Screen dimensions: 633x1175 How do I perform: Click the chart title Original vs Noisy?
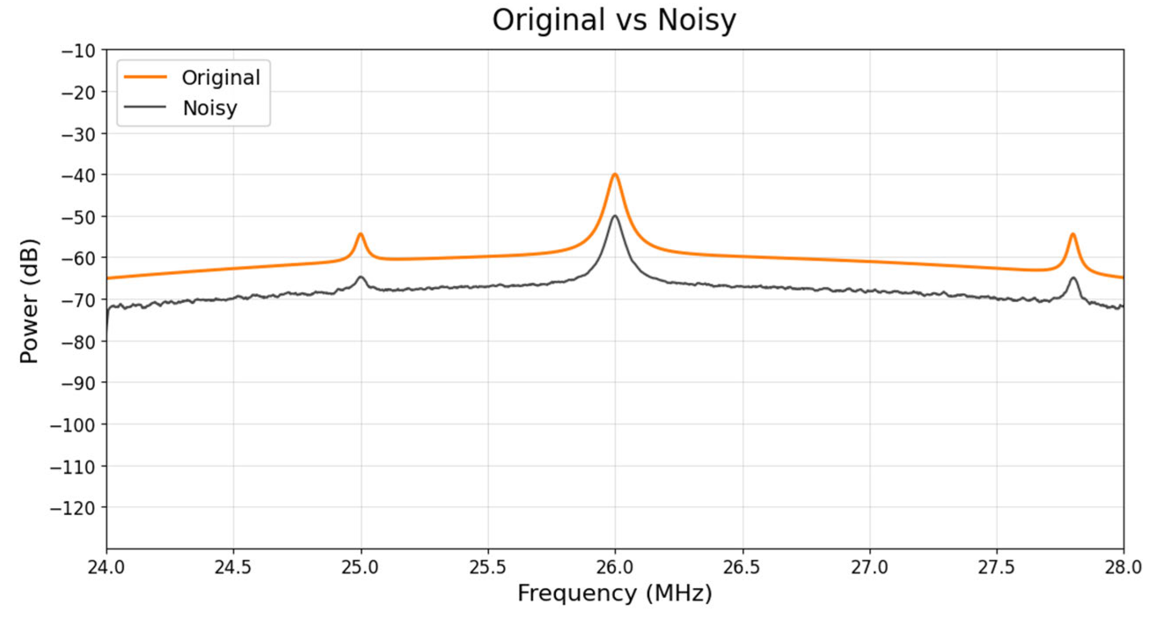(614, 20)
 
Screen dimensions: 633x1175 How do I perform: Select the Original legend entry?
(220, 78)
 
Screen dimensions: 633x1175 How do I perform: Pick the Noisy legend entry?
(210, 108)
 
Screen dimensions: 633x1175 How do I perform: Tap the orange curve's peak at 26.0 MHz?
(615, 175)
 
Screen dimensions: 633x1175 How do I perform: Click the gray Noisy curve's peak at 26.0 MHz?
(615, 216)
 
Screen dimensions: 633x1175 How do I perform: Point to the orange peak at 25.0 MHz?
(360, 234)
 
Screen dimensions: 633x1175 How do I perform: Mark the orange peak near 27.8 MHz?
(1073, 234)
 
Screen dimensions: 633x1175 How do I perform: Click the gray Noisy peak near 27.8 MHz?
(1074, 278)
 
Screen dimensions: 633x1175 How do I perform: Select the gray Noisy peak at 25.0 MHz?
(360, 277)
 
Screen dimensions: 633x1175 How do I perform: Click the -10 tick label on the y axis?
(78, 51)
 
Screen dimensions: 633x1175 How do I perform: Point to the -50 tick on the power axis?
(78, 217)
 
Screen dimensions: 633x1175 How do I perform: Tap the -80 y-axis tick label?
(78, 342)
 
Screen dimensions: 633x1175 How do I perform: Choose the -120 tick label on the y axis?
(72, 508)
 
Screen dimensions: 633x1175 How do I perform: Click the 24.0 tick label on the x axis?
(106, 568)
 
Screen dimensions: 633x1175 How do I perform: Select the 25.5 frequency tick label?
(488, 568)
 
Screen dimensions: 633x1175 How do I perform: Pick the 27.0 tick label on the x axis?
(869, 568)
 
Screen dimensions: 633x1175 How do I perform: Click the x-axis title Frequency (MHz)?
(614, 593)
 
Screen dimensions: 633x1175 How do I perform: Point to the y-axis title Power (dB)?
(29, 301)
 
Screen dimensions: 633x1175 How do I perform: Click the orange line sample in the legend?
(145, 77)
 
